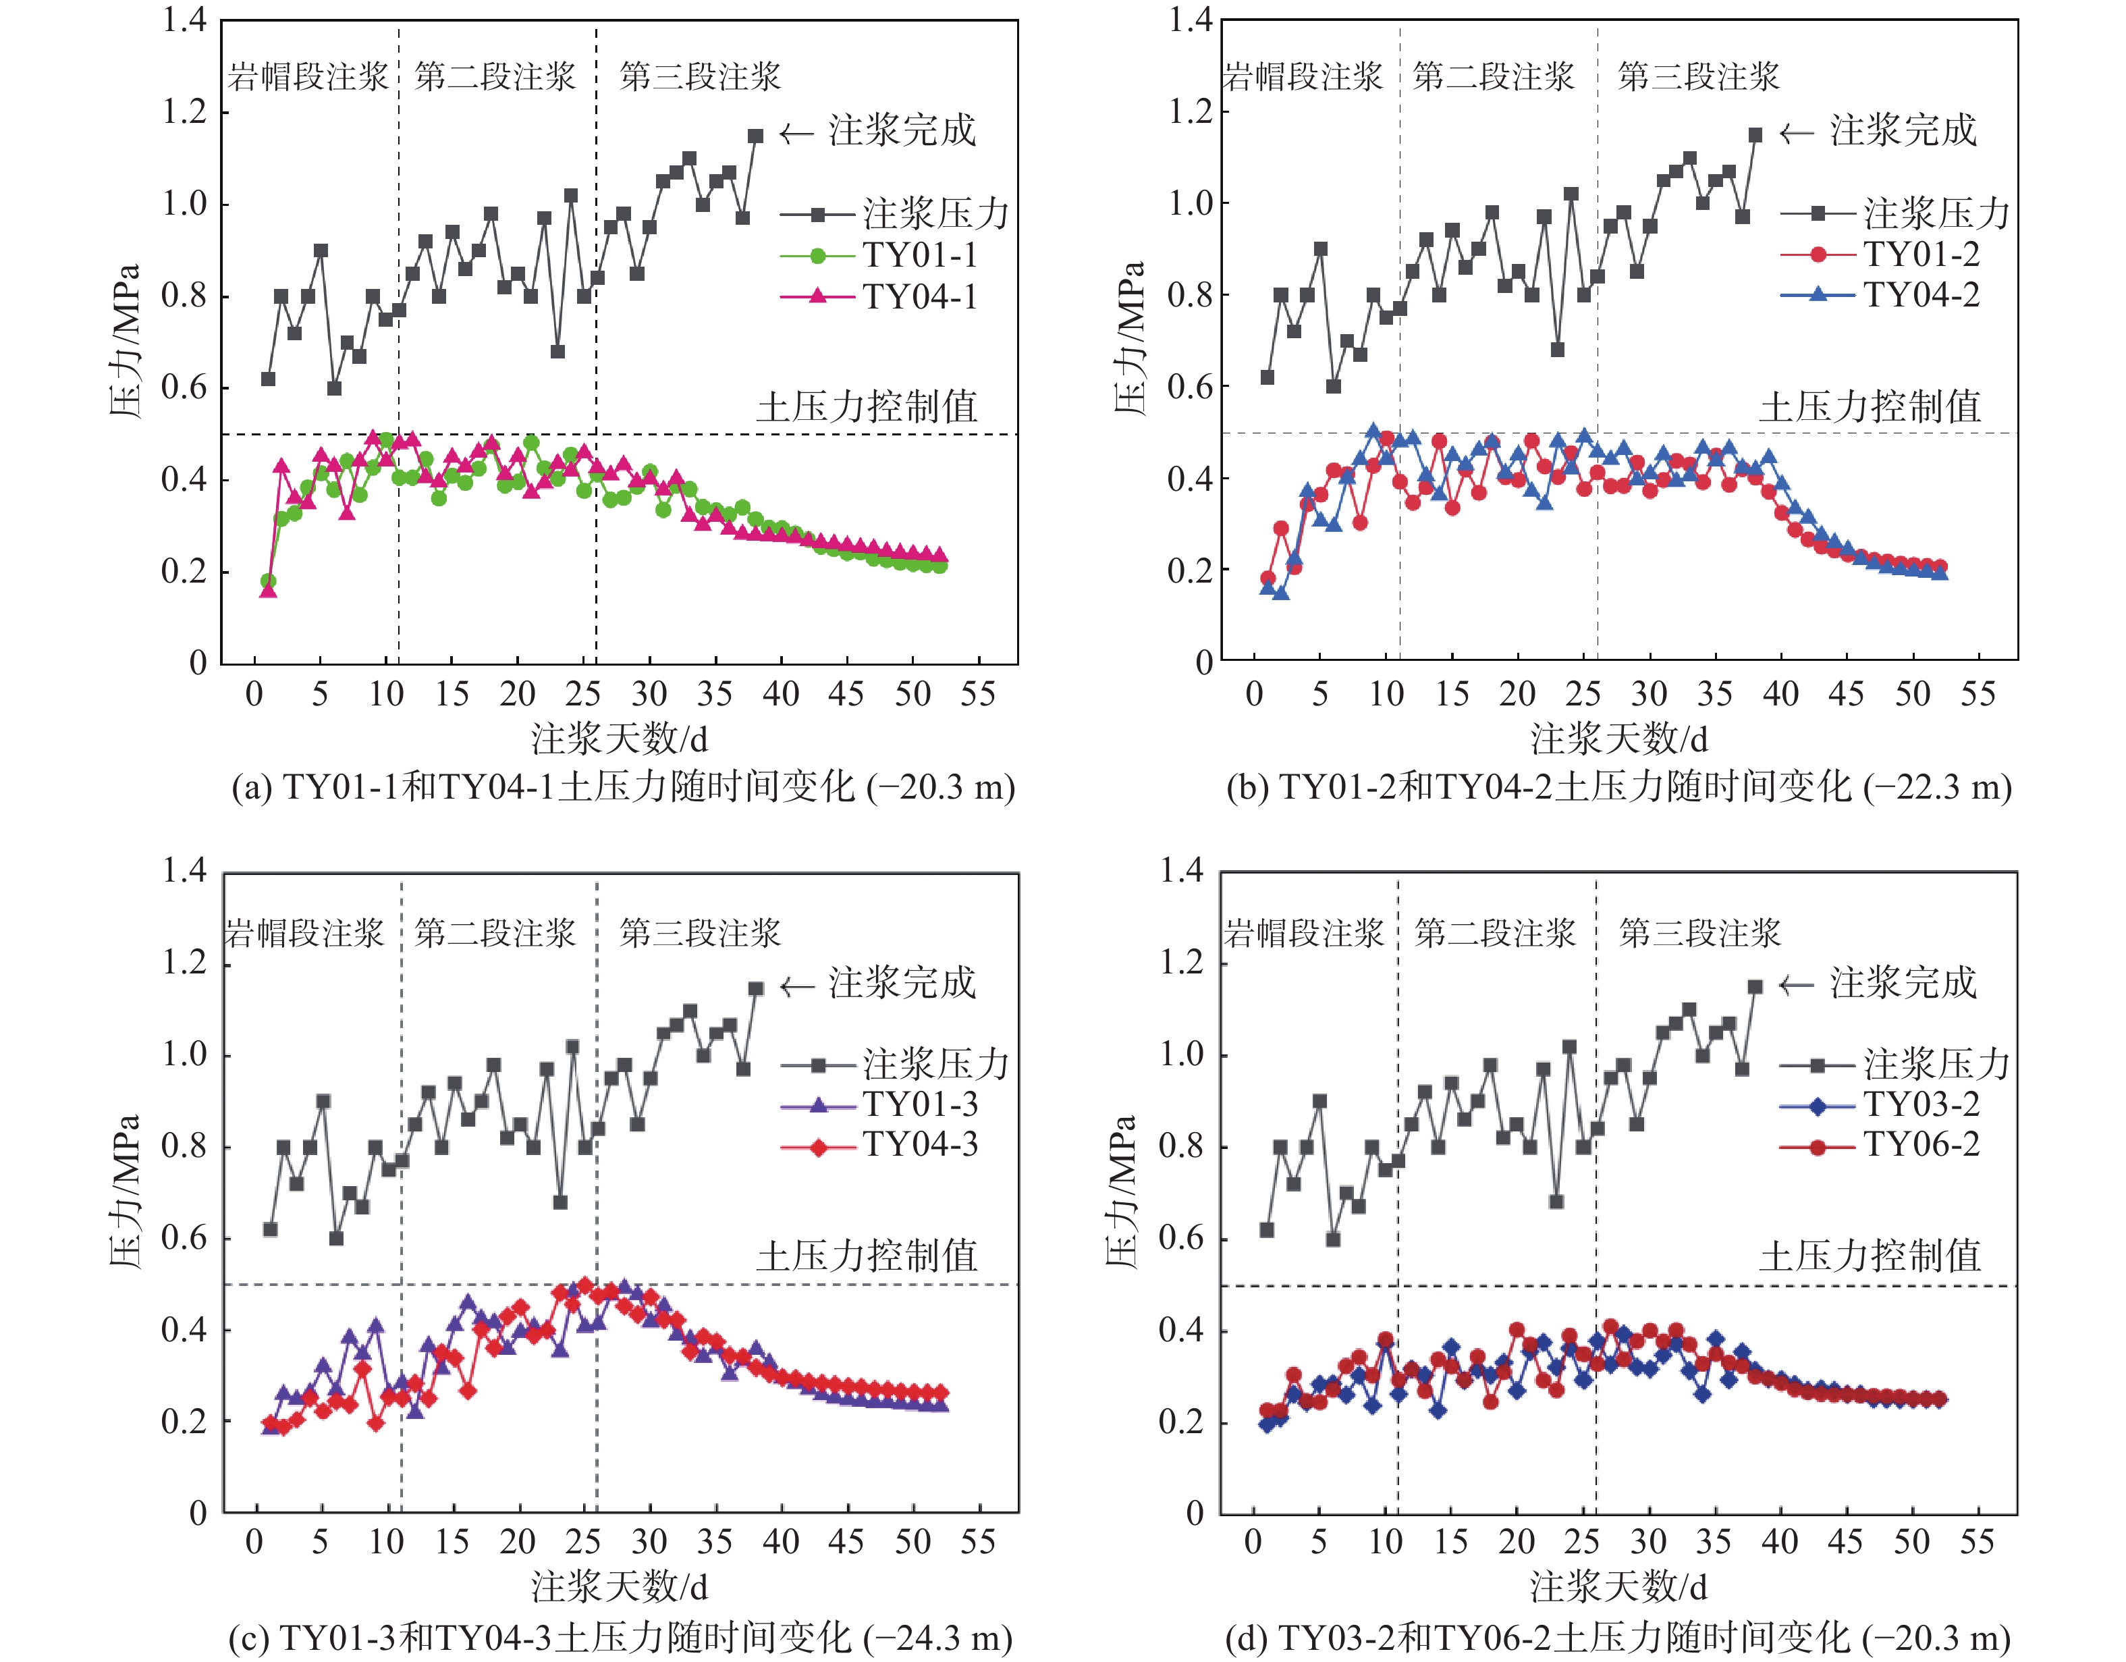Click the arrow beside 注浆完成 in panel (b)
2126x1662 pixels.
click(1796, 134)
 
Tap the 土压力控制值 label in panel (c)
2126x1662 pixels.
click(867, 1255)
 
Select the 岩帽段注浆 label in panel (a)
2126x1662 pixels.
click(308, 76)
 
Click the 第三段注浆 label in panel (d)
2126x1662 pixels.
click(1699, 933)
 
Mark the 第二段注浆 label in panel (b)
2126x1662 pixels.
click(1492, 76)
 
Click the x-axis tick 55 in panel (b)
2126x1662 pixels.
click(1977, 694)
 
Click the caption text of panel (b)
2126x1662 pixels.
click(1618, 786)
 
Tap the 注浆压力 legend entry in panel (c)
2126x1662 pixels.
click(935, 1064)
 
